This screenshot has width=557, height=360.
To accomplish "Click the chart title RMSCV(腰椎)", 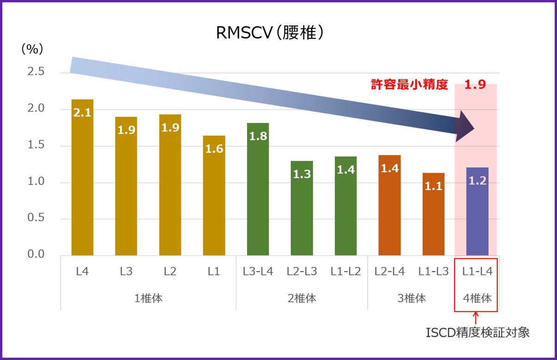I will point(269,33).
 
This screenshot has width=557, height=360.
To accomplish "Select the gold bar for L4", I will point(82,180).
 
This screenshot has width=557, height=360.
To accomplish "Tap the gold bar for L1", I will point(214,199).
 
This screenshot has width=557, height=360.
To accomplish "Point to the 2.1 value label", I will point(82,112).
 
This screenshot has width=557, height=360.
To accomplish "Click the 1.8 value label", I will point(258,136).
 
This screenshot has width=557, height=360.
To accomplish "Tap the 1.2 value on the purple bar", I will point(477,181).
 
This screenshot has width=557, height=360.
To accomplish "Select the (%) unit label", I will point(32,50).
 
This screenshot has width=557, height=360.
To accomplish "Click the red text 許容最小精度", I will point(409,85).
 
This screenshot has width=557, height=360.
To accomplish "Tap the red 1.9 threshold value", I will point(475,85).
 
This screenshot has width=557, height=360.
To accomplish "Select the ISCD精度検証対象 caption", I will point(477,332).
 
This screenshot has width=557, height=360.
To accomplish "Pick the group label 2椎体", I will point(302,298).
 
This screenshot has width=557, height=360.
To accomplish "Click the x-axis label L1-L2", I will point(346,272).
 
